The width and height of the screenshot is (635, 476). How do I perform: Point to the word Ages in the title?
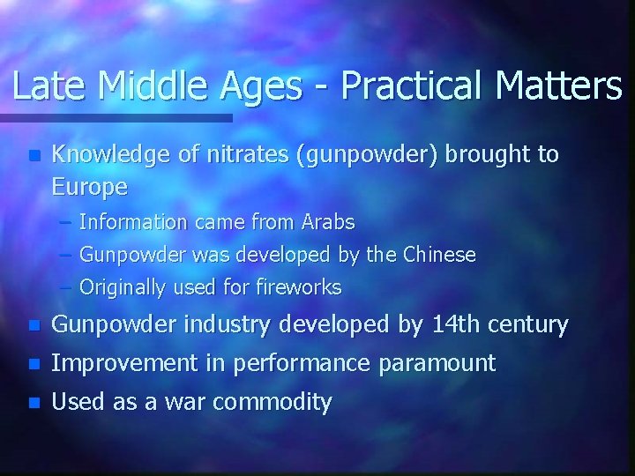[262, 86]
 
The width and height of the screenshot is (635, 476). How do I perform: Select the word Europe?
[89, 187]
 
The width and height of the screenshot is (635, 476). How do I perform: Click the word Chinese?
[438, 255]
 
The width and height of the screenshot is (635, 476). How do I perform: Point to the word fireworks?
[297, 287]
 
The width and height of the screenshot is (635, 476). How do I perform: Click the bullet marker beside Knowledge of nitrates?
[34, 156]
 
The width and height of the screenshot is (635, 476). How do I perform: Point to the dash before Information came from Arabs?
[68, 222]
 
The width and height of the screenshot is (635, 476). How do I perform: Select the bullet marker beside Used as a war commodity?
[34, 404]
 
